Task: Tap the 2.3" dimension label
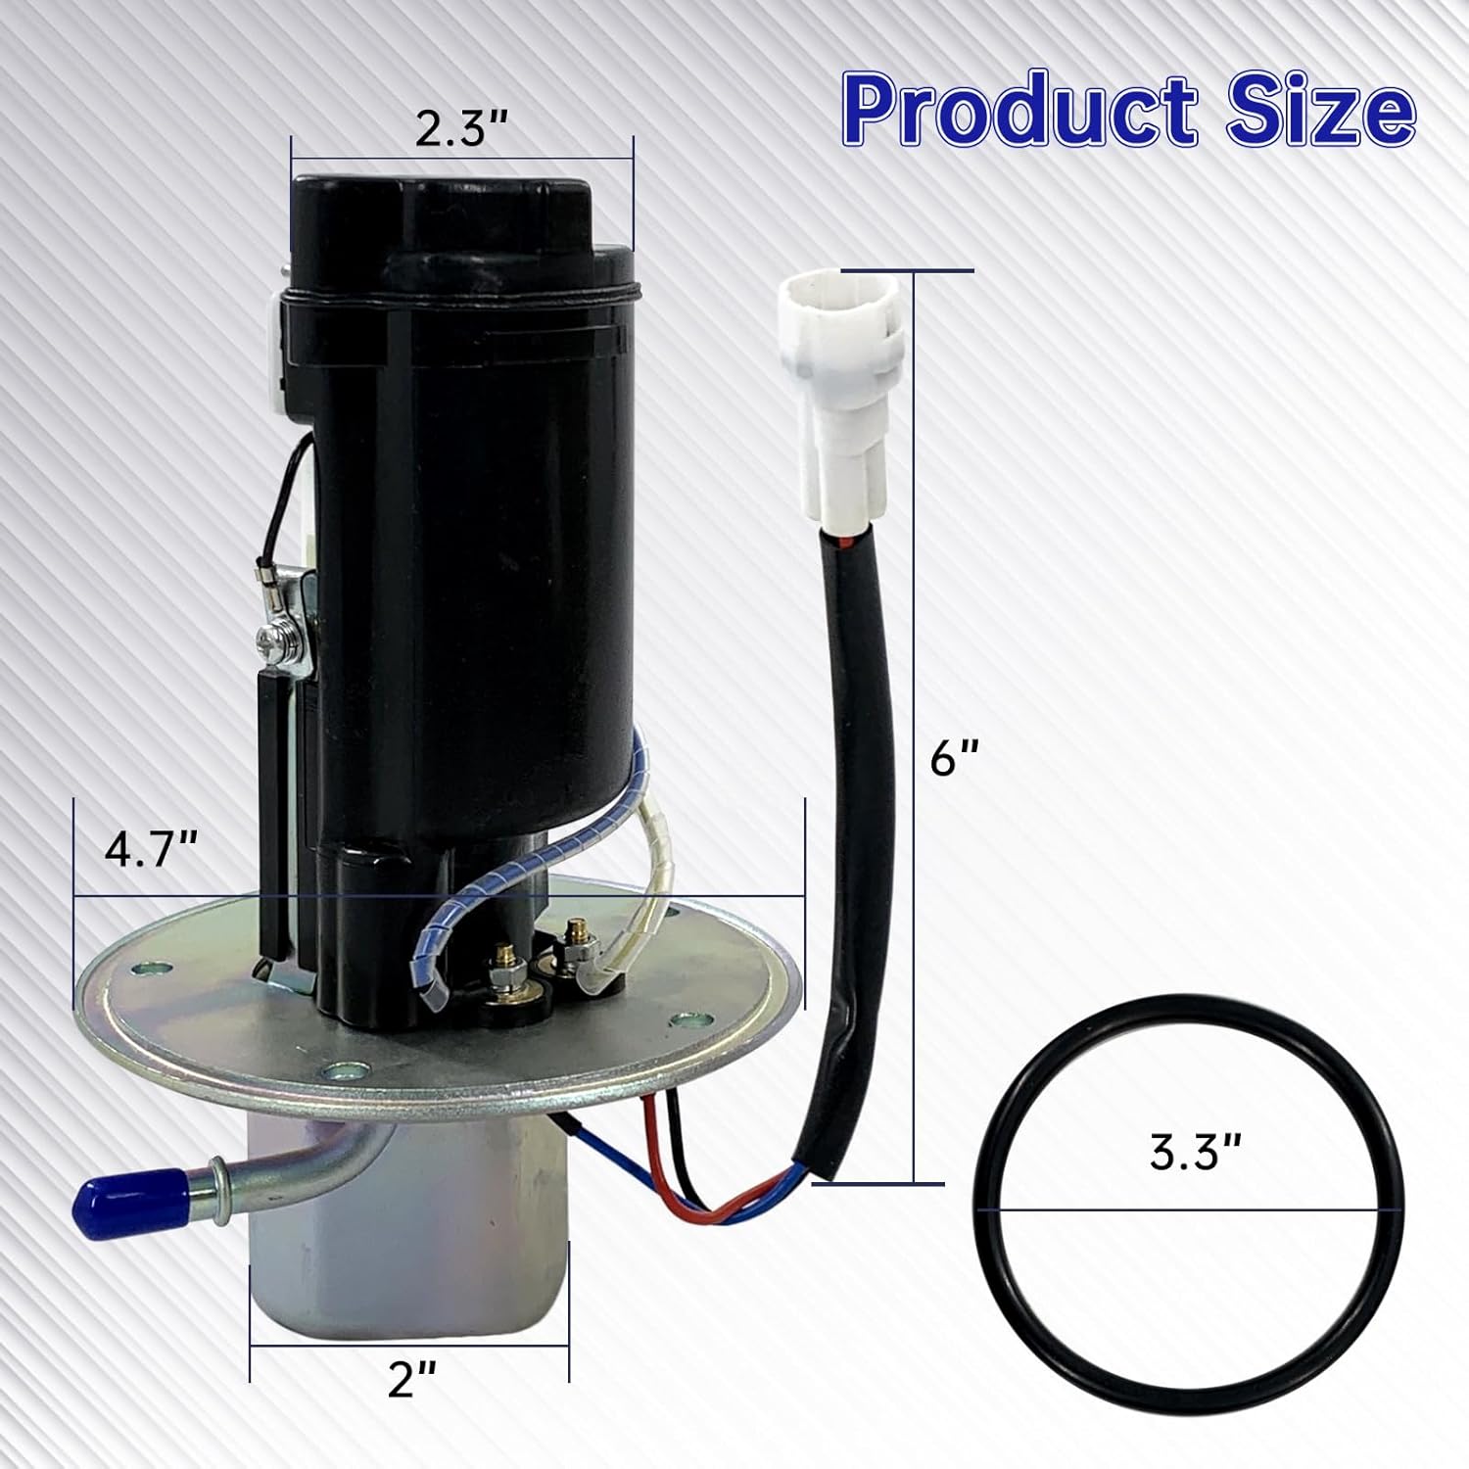(460, 128)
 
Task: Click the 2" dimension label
(411, 1380)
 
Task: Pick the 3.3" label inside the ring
(1189, 1154)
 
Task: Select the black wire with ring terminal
(284, 509)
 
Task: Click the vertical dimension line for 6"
(915, 725)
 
